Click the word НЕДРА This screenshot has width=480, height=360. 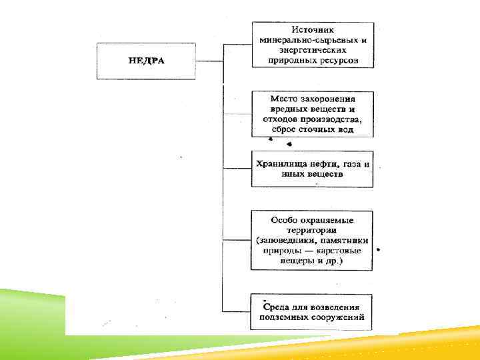146,61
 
